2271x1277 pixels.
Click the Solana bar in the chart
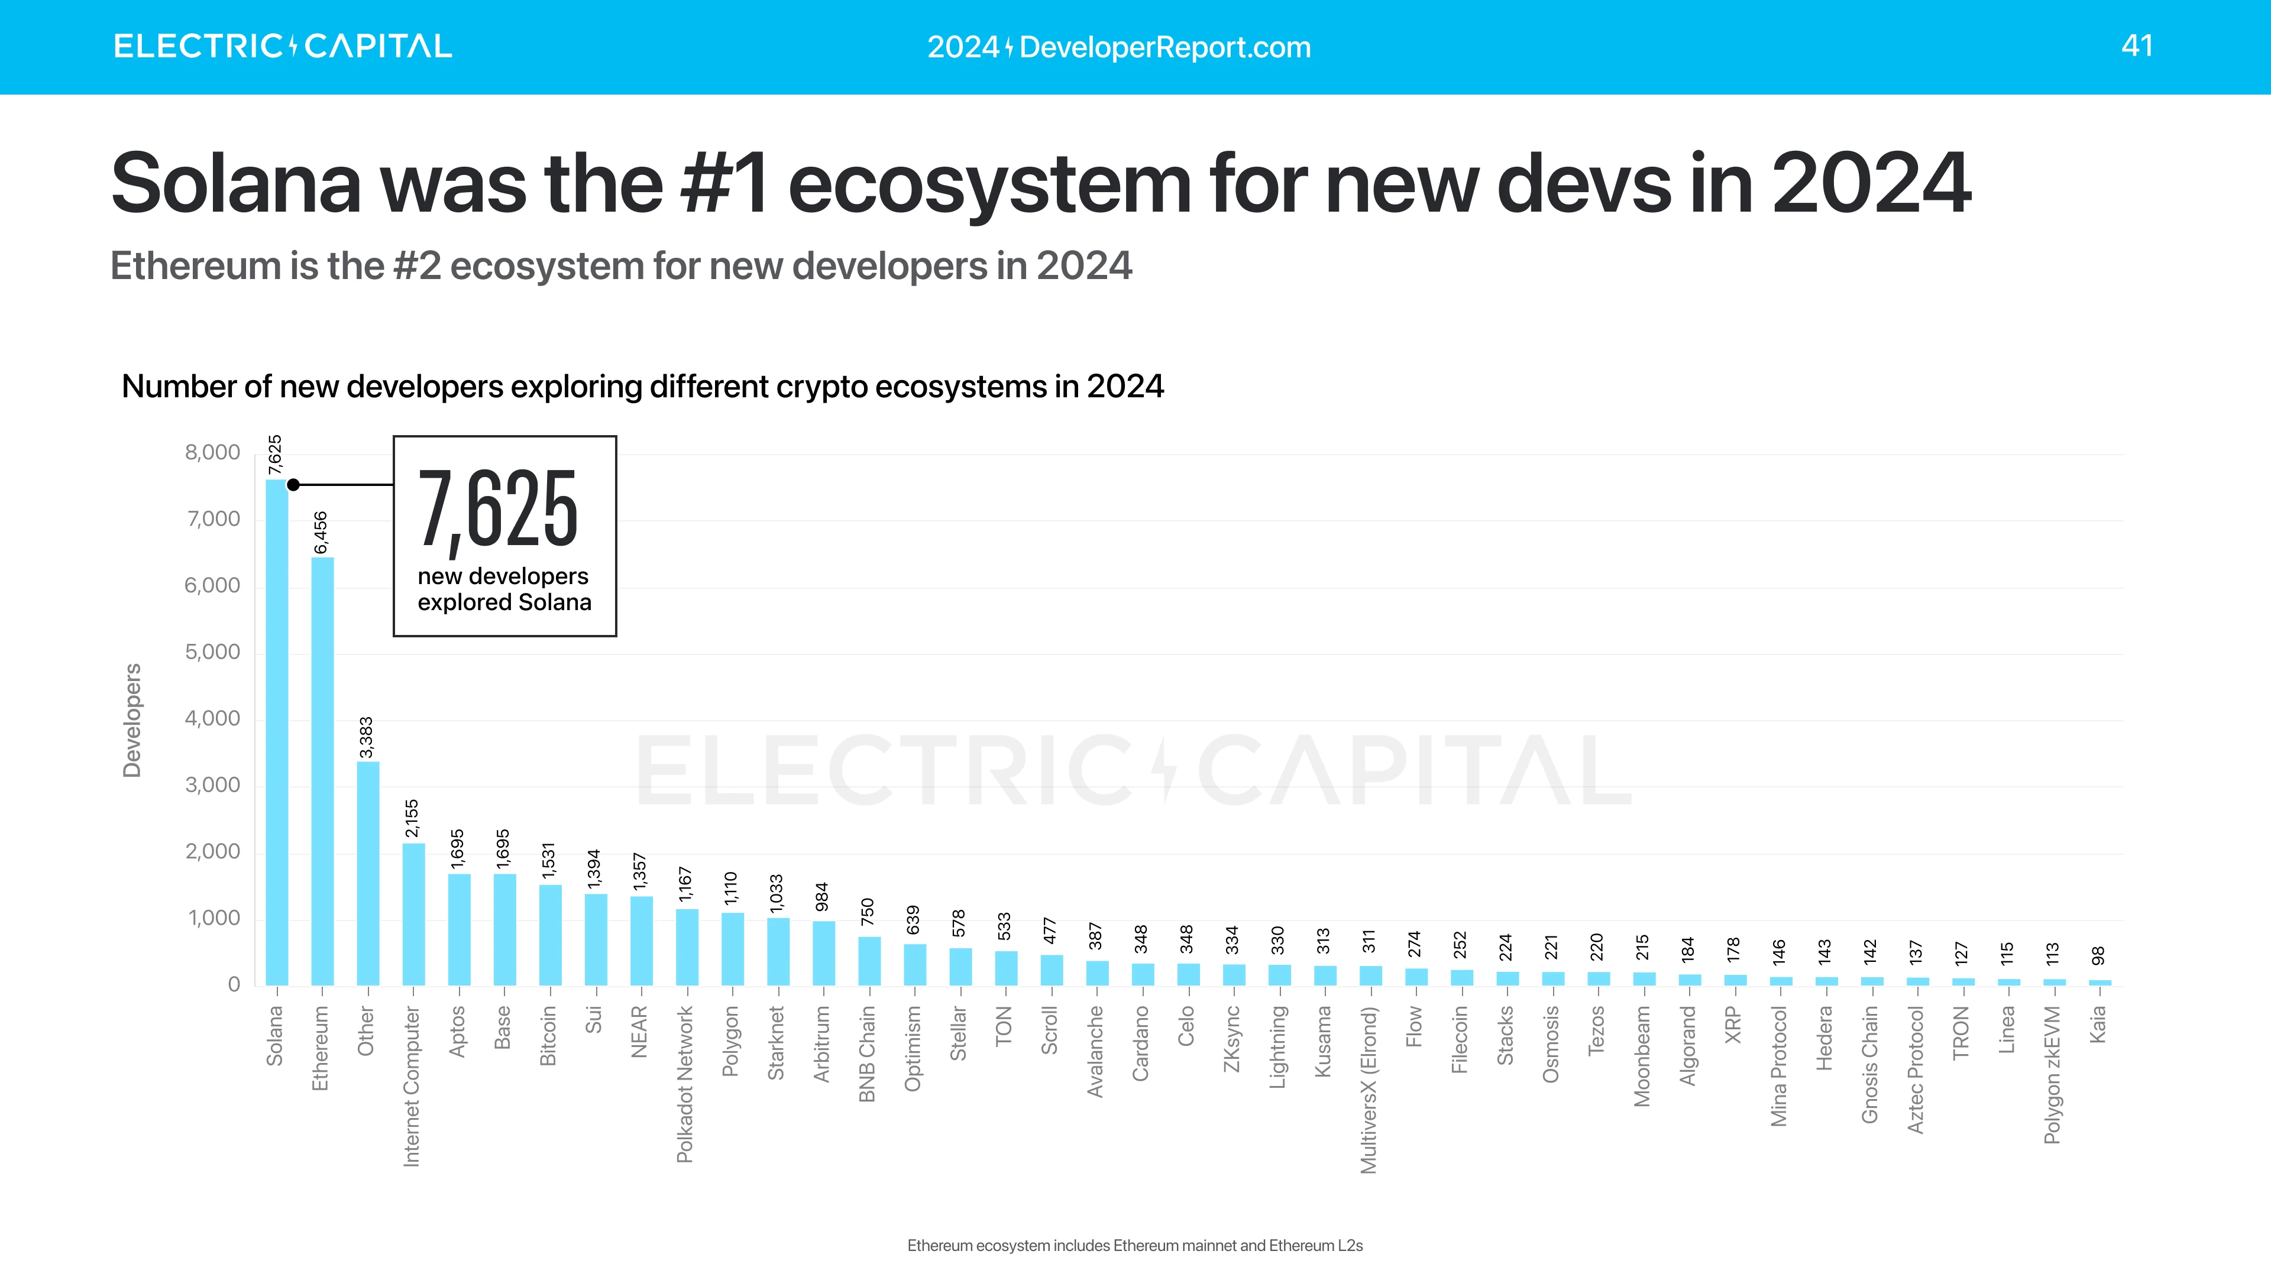276,731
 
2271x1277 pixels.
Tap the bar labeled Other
368,873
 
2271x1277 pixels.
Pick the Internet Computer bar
413,914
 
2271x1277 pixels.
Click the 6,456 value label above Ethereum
321,532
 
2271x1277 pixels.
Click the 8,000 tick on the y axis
212,453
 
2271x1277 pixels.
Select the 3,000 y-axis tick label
212,785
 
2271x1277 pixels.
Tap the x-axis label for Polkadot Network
685,1084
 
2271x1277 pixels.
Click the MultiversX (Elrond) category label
1369,1090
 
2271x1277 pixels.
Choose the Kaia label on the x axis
2098,1025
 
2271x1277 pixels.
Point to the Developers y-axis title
132,720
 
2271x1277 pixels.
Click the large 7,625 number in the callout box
498,510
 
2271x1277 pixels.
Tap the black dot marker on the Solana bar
293,485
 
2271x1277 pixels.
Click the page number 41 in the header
2137,46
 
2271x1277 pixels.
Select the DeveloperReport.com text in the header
1164,47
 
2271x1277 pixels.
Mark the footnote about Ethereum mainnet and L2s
1135,1245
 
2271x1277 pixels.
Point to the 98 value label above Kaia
2099,955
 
